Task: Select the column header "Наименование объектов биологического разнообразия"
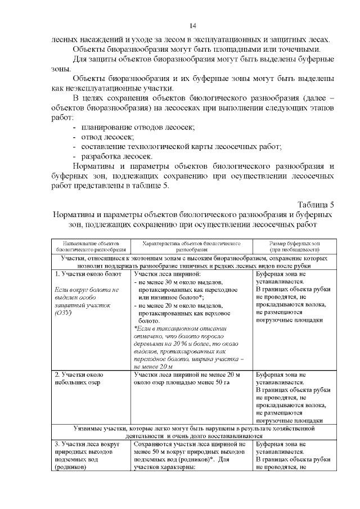91,245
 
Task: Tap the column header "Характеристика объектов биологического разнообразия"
191,245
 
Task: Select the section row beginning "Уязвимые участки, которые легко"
192,429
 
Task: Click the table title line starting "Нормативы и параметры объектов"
192,214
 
